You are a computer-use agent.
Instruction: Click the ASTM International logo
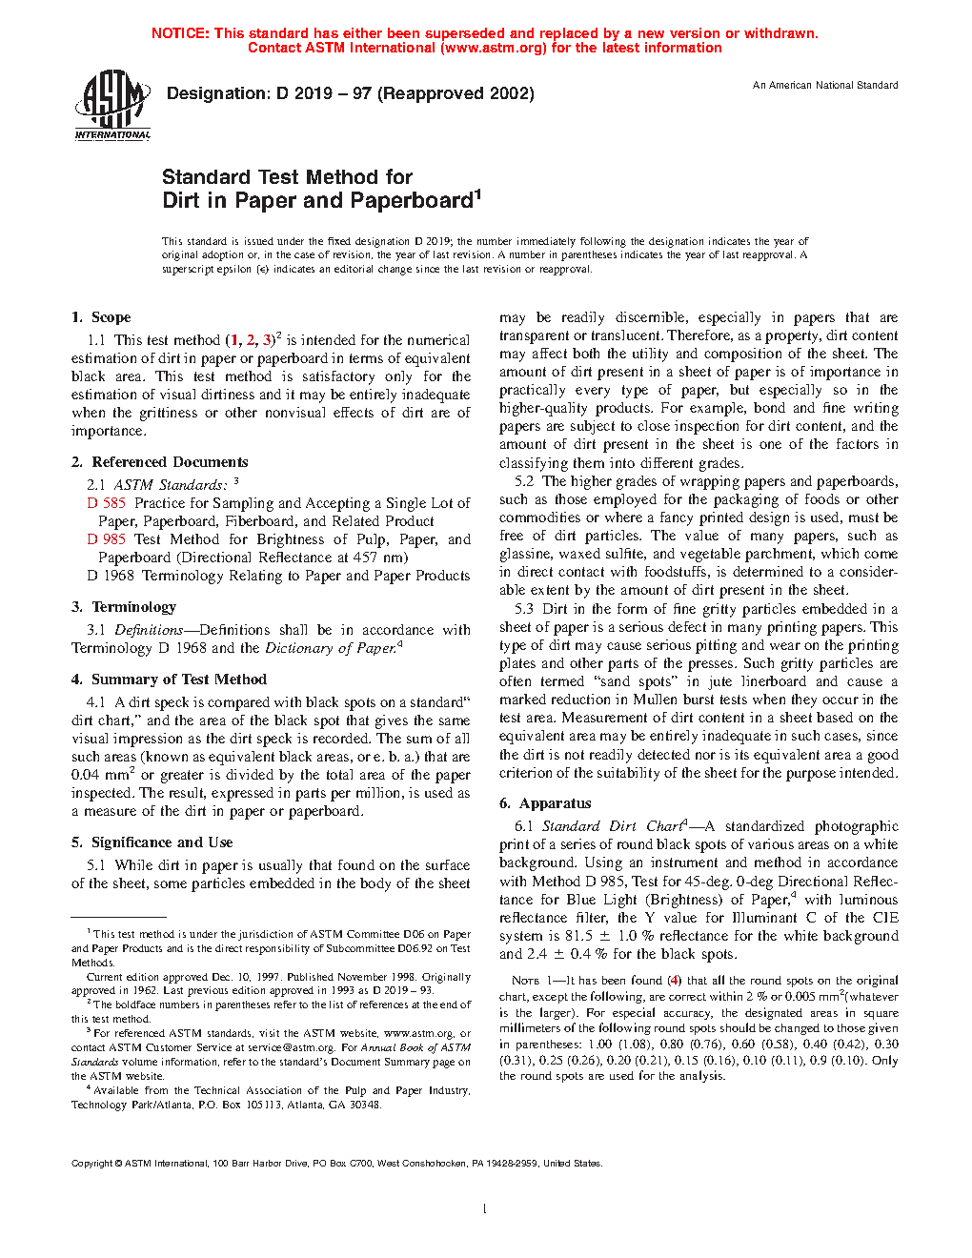112,106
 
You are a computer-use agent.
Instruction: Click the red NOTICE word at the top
180,33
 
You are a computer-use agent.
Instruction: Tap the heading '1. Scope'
101,317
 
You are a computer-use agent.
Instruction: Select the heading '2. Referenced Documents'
159,462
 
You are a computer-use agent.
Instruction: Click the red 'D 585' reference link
107,503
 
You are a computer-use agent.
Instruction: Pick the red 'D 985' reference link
107,539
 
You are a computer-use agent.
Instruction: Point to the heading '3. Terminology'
124,607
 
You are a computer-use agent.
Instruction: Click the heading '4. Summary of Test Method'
169,680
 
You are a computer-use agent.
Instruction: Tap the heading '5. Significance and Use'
152,842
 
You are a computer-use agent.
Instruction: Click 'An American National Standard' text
825,86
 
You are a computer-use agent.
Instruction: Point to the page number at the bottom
485,1209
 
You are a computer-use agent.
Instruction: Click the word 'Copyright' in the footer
92,1164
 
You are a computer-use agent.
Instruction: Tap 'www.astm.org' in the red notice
437,49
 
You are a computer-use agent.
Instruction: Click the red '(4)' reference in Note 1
674,981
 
